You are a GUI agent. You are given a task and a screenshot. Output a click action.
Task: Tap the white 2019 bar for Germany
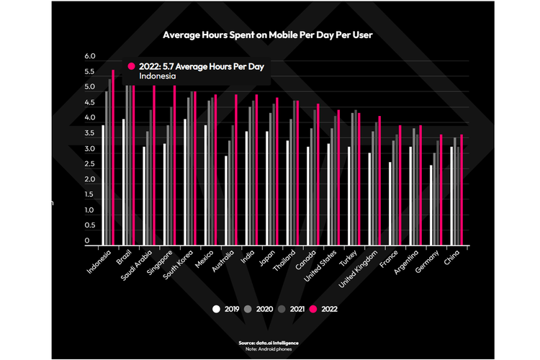(431, 205)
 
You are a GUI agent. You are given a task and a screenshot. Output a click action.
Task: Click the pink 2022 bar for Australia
(235, 170)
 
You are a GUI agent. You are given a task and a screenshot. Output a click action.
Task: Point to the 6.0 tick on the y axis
(90, 56)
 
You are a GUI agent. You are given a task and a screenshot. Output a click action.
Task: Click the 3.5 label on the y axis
(90, 133)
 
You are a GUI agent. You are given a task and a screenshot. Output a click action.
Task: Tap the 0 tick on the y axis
(86, 241)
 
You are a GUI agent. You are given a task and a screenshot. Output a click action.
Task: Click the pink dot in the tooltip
(131, 66)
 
